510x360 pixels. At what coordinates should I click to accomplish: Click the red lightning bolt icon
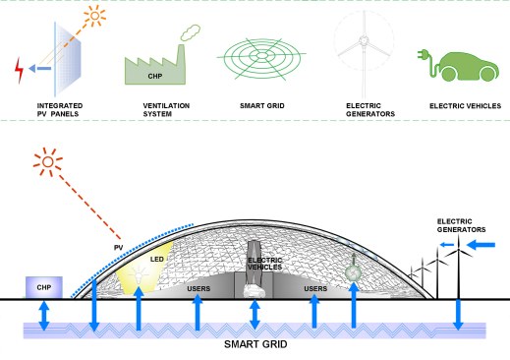20,70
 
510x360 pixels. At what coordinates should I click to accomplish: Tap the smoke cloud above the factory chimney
191,32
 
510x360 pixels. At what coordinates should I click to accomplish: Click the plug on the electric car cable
423,54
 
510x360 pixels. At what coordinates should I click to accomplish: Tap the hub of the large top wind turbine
364,41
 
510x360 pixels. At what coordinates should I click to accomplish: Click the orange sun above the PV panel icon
95,16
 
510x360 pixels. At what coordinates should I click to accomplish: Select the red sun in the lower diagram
48,162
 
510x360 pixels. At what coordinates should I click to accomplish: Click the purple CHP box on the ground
44,287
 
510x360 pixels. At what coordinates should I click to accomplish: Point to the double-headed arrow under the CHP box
44,316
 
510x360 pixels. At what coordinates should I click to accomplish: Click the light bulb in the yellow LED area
139,275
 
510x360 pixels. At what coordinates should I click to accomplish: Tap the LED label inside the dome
157,259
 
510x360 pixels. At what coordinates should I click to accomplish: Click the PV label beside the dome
119,248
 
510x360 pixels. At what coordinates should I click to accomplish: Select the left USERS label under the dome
198,288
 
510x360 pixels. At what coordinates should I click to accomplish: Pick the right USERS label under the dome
315,288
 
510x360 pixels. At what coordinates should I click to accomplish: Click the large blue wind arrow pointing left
481,245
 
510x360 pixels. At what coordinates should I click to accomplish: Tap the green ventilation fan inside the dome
353,272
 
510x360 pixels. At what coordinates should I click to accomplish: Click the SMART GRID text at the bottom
255,344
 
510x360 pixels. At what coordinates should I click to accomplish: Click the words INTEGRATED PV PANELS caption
60,110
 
